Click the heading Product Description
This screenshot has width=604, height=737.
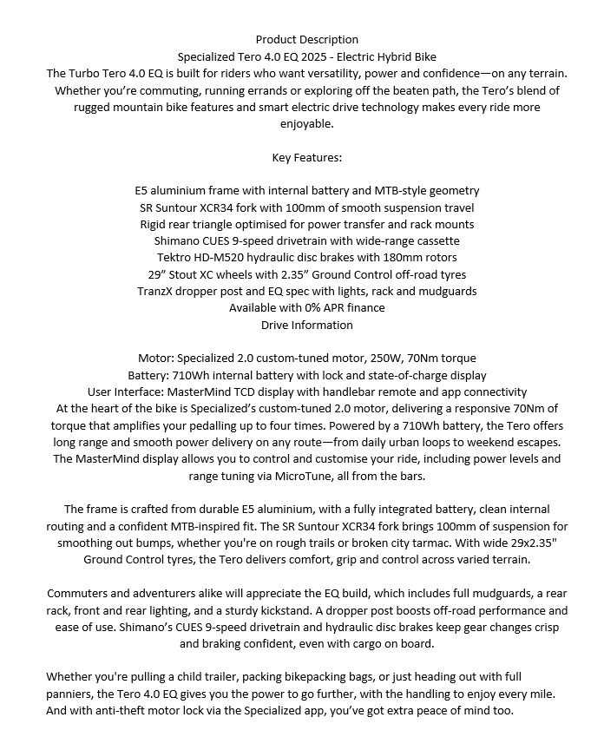coord(306,39)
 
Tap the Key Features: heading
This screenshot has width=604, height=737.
coord(306,158)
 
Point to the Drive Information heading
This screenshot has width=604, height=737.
coord(306,325)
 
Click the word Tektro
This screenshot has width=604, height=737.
coord(175,258)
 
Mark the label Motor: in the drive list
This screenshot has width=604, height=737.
coord(158,358)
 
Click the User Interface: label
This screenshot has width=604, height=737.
coord(128,392)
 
